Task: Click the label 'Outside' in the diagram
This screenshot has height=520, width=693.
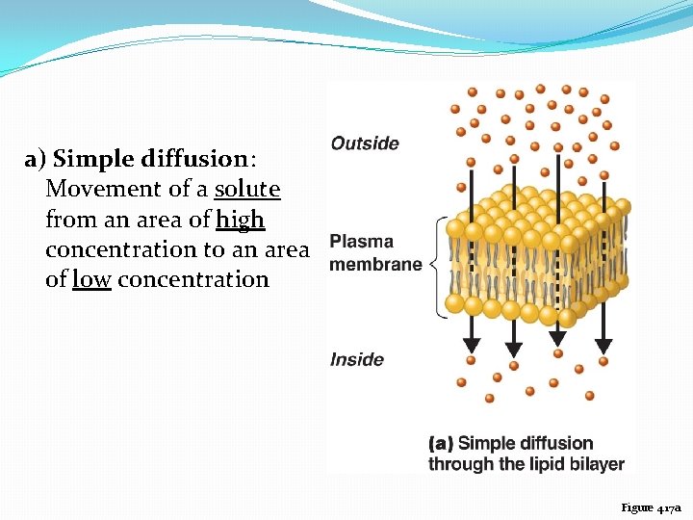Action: [364, 143]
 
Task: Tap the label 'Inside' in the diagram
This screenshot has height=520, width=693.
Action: [356, 359]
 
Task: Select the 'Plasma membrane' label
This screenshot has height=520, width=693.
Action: [374, 253]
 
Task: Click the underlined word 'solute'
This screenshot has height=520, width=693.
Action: [247, 189]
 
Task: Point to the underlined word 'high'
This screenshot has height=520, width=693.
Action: [240, 220]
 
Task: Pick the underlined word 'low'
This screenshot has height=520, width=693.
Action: [91, 279]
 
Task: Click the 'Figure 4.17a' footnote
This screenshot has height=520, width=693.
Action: [651, 507]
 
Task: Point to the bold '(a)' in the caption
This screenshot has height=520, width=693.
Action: [441, 444]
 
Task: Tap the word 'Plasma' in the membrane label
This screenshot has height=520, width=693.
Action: [361, 242]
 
